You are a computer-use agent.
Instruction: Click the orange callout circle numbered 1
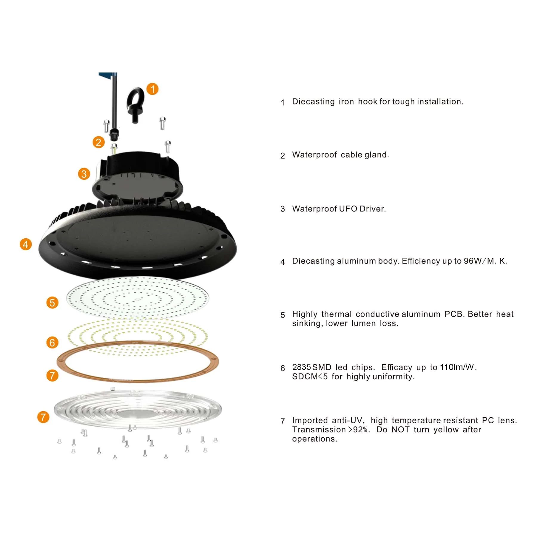click(152, 89)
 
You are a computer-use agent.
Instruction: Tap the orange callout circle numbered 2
click(98, 142)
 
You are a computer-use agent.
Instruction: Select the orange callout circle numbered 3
click(84, 174)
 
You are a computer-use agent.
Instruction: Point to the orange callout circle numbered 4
click(26, 244)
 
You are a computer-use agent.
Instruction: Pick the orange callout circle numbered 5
click(52, 303)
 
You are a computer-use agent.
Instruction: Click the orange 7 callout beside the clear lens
click(43, 417)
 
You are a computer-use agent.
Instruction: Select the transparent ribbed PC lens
click(138, 409)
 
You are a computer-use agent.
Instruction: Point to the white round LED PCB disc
click(138, 297)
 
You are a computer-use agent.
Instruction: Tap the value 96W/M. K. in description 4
click(485, 261)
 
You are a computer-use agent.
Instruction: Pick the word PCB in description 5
click(454, 314)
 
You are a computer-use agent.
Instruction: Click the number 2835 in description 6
click(301, 367)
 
